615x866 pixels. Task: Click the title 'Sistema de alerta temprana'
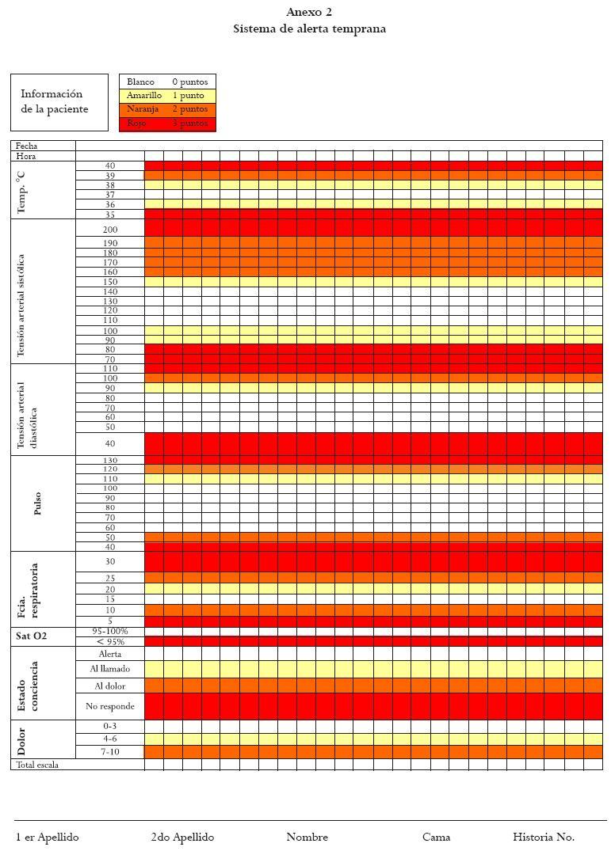point(309,29)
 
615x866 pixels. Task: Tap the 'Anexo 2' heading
point(309,12)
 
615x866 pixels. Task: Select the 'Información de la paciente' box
point(59,102)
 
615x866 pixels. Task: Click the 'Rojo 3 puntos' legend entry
point(167,123)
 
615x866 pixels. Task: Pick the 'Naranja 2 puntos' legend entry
point(167,109)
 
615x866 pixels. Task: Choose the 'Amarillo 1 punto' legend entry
point(167,96)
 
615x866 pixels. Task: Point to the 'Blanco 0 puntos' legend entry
point(167,82)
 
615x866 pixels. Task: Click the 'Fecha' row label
point(27,146)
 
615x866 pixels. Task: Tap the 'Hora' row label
point(26,156)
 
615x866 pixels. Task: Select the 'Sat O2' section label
point(32,636)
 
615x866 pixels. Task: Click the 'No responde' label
point(110,706)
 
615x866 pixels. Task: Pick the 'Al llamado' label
point(110,669)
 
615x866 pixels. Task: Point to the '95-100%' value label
point(110,632)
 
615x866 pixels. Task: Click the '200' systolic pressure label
point(110,230)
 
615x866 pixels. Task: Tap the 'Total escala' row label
point(38,765)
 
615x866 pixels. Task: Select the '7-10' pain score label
point(110,751)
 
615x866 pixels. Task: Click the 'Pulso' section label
point(37,503)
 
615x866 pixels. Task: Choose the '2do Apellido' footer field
point(182,838)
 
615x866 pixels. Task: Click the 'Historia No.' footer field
point(544,838)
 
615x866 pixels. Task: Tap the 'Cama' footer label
point(436,838)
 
